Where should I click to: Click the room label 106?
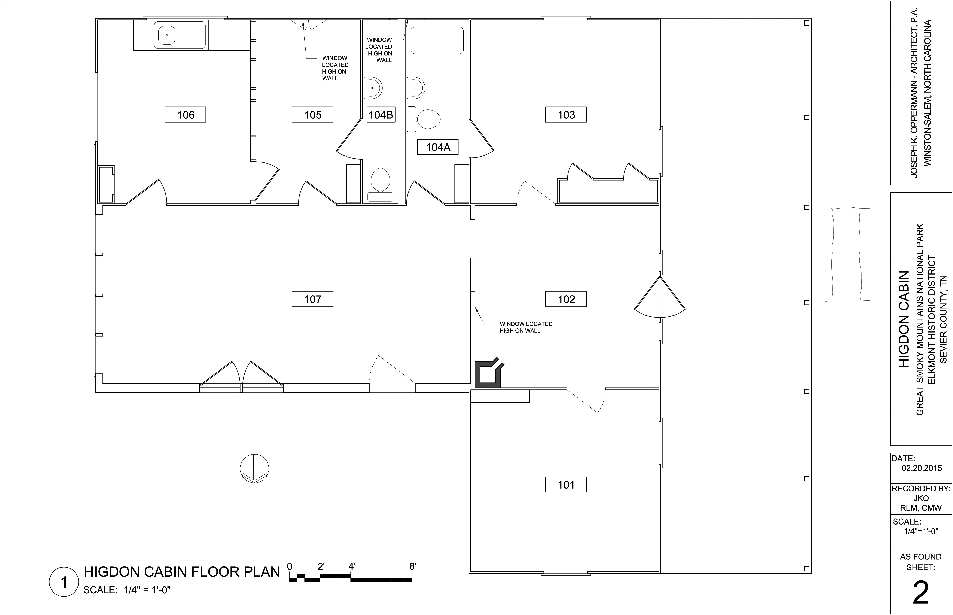[x=185, y=115]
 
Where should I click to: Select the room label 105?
[x=313, y=115]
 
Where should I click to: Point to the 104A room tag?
[x=438, y=147]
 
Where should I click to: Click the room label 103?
[x=566, y=115]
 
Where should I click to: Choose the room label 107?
[x=313, y=299]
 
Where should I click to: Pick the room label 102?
[x=566, y=299]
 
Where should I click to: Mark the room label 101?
[x=566, y=485]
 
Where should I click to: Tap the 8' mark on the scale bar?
[x=413, y=566]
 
